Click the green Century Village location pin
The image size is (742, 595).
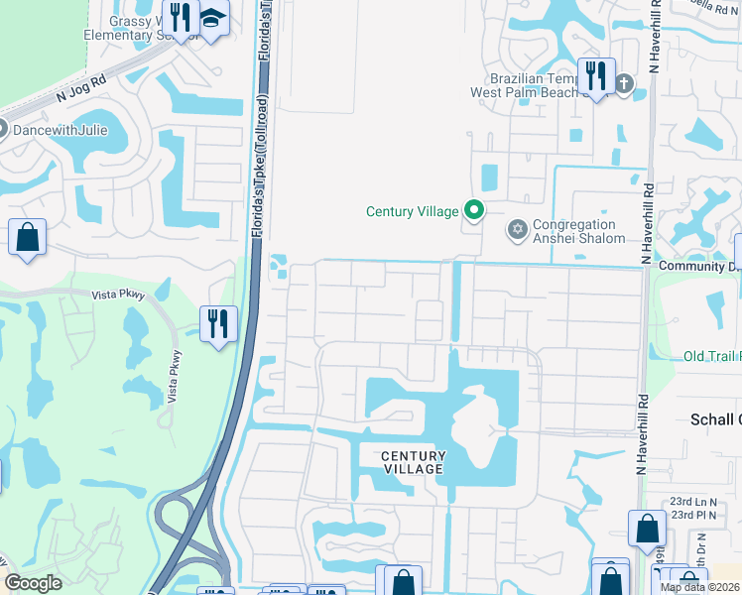tap(474, 210)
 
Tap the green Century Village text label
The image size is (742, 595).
tap(412, 211)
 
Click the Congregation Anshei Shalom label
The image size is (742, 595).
tap(579, 231)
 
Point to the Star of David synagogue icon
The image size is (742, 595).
tap(516, 231)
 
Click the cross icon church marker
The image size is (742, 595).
tap(623, 83)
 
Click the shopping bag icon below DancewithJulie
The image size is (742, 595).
tap(28, 238)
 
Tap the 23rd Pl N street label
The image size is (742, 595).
tap(694, 515)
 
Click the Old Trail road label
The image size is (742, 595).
tap(711, 356)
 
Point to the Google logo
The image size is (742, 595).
tap(33, 583)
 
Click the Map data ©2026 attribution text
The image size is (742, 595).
tap(699, 587)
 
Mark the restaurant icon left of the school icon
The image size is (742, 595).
tap(180, 17)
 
